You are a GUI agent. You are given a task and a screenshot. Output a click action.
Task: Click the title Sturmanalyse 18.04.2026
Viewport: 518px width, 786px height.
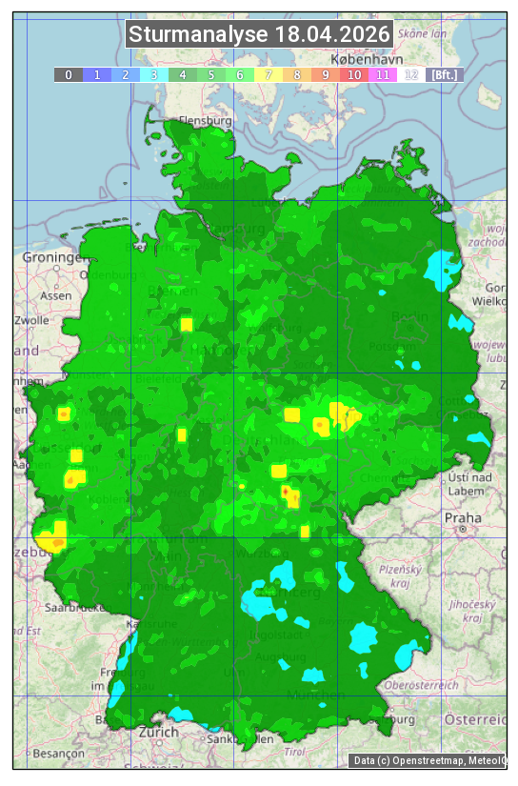click(259, 35)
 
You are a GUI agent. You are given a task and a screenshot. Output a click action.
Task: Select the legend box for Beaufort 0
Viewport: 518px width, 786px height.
click(69, 74)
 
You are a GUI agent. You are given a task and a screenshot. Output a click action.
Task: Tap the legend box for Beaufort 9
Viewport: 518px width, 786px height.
click(326, 74)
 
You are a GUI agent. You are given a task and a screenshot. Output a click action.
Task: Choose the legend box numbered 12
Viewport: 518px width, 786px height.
click(411, 74)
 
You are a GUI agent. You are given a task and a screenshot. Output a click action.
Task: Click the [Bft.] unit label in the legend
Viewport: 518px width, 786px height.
click(444, 74)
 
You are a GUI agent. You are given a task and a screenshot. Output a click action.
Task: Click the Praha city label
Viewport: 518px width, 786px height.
click(463, 517)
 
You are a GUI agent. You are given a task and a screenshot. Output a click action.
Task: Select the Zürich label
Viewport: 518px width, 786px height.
click(158, 732)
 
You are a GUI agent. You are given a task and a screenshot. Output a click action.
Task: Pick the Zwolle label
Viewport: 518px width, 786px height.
click(31, 321)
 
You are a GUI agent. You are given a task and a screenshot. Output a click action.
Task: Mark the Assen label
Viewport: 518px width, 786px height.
click(56, 296)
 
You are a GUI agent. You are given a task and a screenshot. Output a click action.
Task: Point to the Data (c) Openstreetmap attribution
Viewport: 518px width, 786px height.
click(428, 760)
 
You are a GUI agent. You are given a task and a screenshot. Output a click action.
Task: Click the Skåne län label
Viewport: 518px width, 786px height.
click(423, 32)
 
